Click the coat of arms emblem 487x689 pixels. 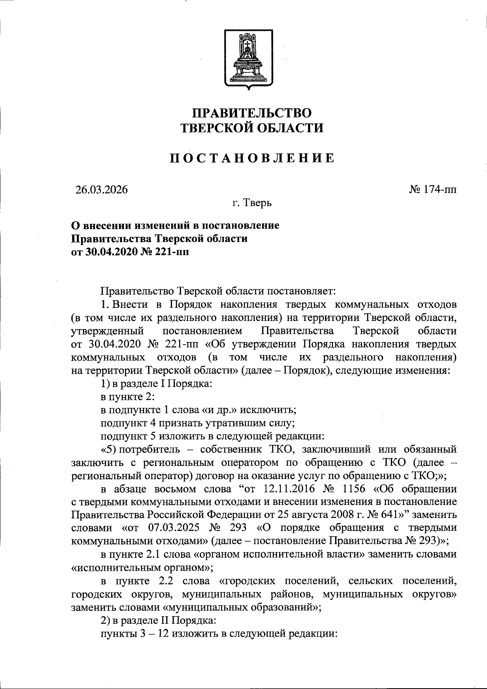pos(246,60)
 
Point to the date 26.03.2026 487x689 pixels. pos(101,190)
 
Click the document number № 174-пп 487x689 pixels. pos(432,189)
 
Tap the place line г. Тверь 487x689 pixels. pos(252,203)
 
